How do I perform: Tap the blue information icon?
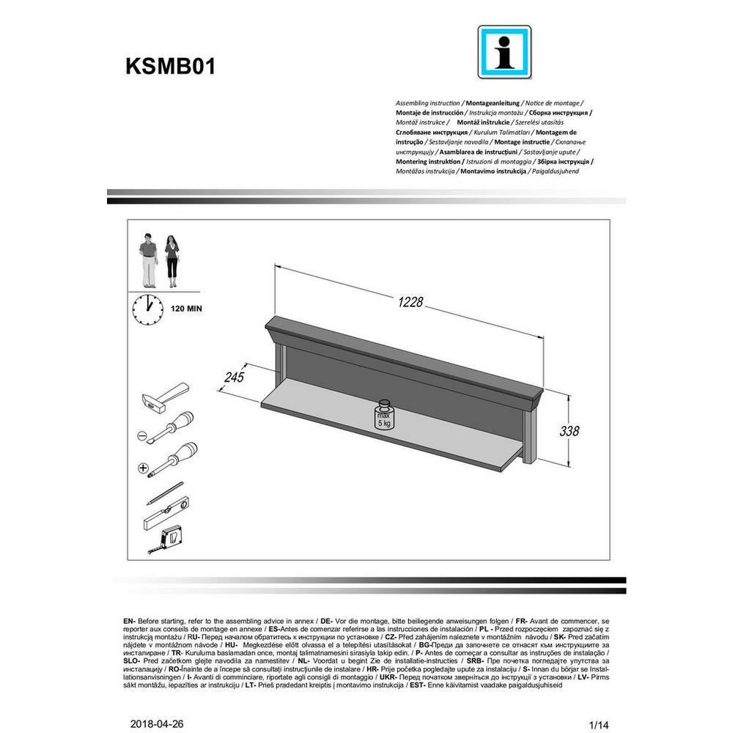[x=504, y=52]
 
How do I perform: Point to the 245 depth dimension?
[x=234, y=377]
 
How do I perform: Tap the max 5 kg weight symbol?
[x=385, y=416]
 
